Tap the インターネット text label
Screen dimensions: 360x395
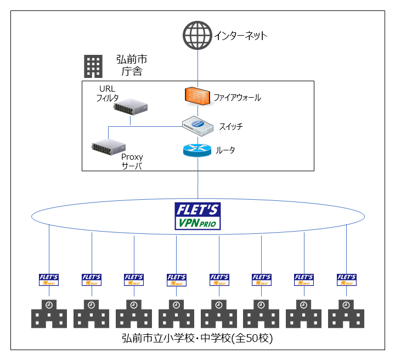coord(240,36)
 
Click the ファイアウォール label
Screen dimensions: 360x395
coord(237,98)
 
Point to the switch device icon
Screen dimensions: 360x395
coord(197,126)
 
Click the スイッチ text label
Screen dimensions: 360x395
coord(230,127)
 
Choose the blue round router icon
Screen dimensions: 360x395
coord(197,150)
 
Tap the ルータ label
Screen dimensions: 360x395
coord(225,149)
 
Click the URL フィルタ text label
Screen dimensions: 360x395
coord(108,93)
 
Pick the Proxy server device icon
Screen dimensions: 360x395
coord(109,147)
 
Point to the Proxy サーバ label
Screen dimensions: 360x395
coord(132,162)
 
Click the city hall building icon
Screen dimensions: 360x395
coord(93,66)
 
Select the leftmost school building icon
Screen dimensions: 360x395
coord(49,313)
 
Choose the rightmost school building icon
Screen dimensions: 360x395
coord(346,313)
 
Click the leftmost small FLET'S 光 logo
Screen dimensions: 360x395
coord(49,280)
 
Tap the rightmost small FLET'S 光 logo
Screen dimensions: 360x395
coord(346,280)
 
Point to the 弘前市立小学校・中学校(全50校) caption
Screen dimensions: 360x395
coord(197,338)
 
